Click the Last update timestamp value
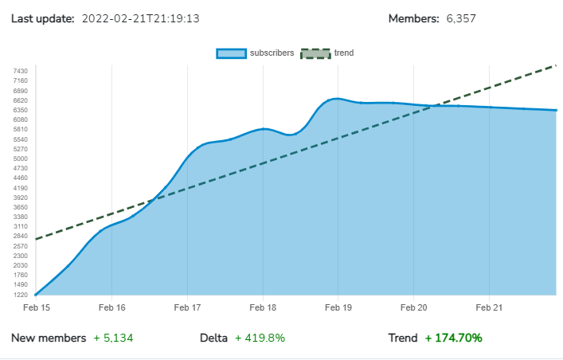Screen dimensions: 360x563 coord(140,18)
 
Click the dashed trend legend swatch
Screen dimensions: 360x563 coord(315,53)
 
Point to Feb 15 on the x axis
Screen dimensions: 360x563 coord(36,307)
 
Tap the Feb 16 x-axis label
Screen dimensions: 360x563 coord(111,307)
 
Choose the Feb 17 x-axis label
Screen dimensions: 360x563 coord(187,307)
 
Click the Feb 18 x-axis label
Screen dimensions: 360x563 coord(263,307)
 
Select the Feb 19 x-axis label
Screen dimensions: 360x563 coord(338,307)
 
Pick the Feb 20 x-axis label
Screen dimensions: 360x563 coord(413,307)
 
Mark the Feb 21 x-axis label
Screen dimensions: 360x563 coord(489,307)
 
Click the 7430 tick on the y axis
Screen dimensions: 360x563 coord(21,71)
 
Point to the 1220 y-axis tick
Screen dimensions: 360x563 coord(21,295)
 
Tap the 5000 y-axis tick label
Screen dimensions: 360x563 coord(21,158)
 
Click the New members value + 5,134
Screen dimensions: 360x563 coord(113,338)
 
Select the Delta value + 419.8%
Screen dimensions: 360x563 coord(260,338)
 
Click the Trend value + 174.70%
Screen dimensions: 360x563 coord(453,338)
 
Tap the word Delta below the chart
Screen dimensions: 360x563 coord(214,338)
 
